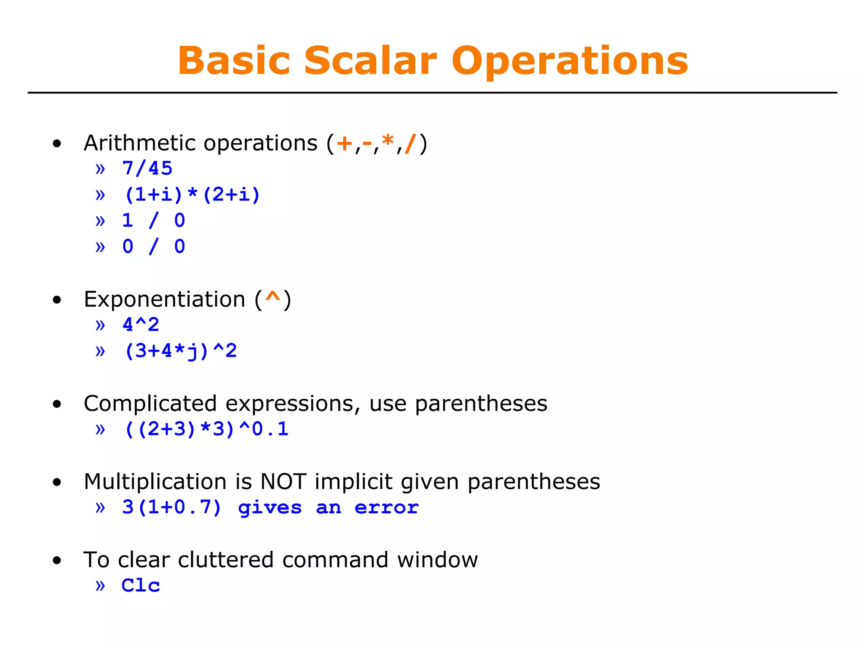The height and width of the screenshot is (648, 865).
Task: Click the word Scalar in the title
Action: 370,61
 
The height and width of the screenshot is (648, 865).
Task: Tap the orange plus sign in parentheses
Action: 345,143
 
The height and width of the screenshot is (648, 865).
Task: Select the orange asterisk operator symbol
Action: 387,141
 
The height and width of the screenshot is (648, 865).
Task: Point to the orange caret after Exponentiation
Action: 273,297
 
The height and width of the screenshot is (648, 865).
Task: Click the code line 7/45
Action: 147,169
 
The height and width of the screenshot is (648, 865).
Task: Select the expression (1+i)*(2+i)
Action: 192,195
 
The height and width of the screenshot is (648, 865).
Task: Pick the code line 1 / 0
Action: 153,221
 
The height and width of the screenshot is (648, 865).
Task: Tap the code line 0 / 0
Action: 153,247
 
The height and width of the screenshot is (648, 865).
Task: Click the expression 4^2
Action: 141,325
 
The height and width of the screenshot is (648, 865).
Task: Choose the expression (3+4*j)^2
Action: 180,351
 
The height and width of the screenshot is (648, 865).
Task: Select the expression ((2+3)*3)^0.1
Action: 206,429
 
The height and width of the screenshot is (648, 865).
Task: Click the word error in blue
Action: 386,507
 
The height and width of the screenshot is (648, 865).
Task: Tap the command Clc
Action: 141,585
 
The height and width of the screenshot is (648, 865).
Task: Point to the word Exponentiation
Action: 164,299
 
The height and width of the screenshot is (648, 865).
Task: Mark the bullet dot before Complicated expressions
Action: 57,404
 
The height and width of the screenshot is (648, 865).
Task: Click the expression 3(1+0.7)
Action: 171,507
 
